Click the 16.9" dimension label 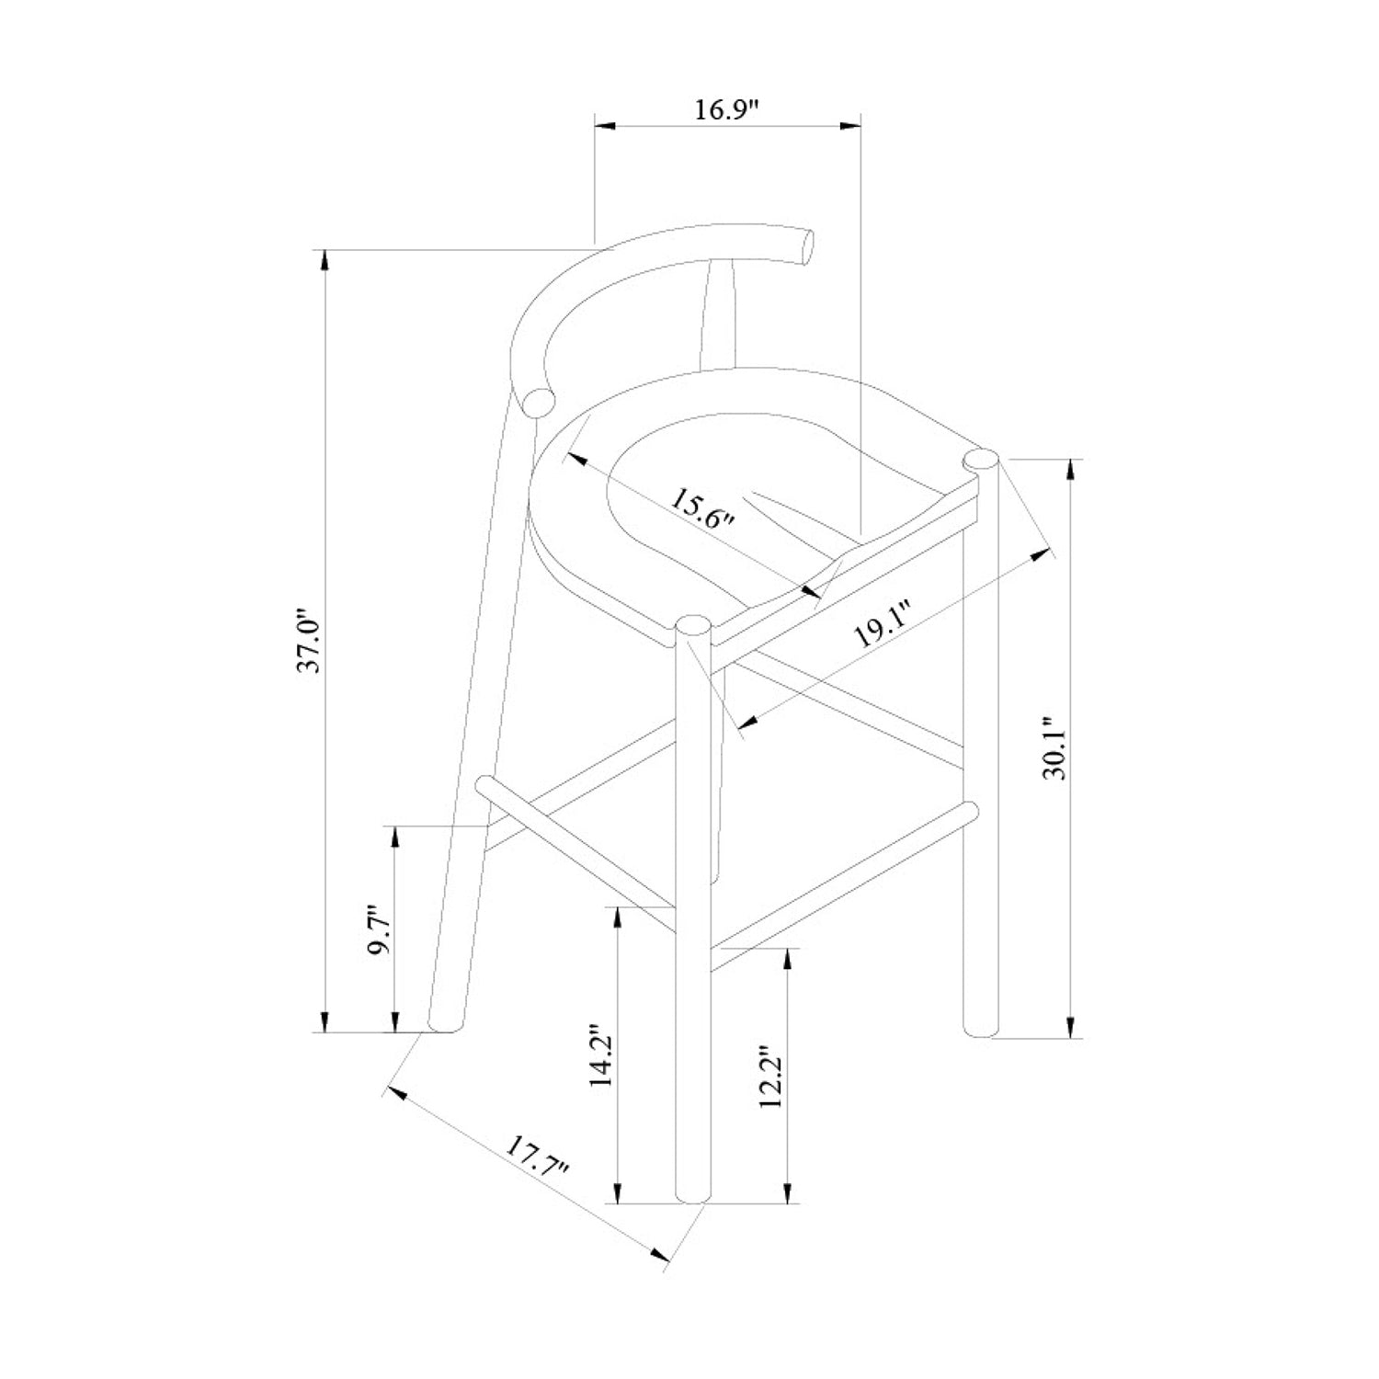(x=726, y=109)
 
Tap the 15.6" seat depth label (x=702, y=511)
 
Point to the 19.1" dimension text (x=881, y=625)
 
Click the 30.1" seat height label (x=1058, y=749)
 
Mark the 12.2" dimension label (x=770, y=1077)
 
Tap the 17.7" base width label (x=537, y=1159)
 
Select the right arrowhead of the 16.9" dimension (x=850, y=125)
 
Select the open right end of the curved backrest (x=806, y=246)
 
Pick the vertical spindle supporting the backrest (x=718, y=313)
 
